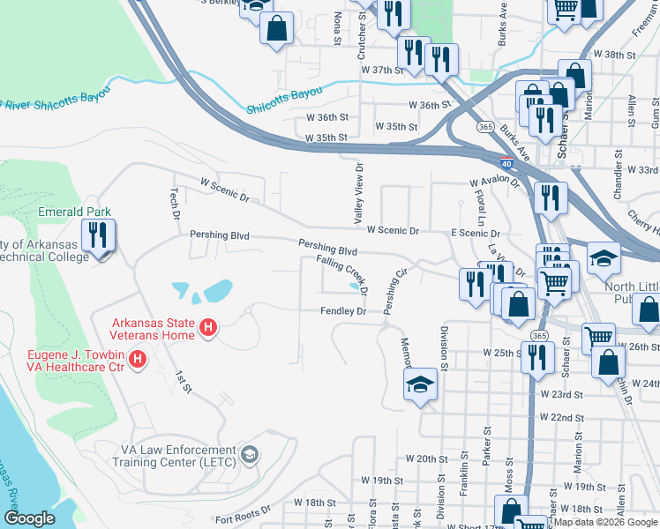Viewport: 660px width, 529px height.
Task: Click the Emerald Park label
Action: coord(74,212)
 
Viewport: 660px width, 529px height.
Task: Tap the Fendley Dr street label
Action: coord(343,311)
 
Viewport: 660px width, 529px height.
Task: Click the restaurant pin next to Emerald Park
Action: coord(98,236)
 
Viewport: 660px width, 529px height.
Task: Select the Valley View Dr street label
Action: coord(359,194)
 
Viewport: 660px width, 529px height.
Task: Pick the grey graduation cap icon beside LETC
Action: coord(251,455)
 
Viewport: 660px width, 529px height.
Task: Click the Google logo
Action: coord(29,518)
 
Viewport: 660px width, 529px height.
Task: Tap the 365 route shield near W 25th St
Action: coord(539,335)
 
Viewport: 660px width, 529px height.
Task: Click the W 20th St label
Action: coord(428,459)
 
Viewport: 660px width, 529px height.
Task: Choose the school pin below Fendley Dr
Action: coord(420,384)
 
